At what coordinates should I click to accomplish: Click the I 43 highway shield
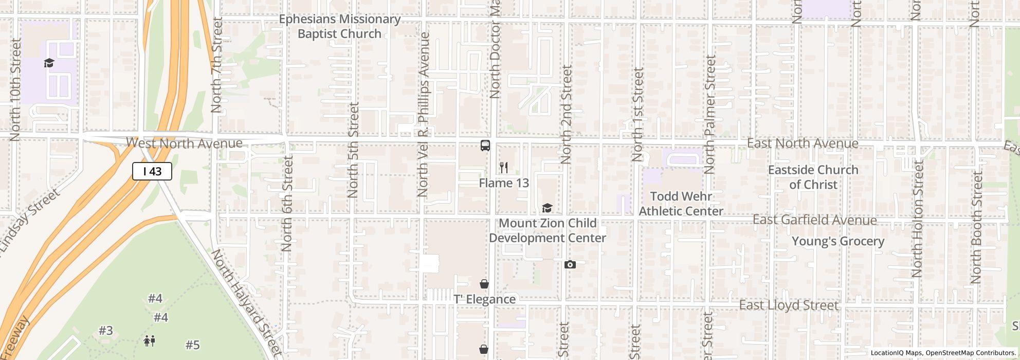[x=152, y=171]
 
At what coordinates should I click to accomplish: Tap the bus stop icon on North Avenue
[x=485, y=146]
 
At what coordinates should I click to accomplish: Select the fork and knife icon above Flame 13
[x=504, y=168]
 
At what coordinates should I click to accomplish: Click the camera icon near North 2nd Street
[x=570, y=264]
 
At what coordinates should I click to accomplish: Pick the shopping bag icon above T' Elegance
[x=484, y=284]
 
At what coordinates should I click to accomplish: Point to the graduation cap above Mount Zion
[x=547, y=208]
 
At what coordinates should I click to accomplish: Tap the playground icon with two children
[x=150, y=340]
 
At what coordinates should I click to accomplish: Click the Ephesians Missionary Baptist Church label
[x=339, y=26]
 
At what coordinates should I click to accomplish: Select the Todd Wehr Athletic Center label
[x=681, y=204]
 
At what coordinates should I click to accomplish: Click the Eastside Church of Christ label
[x=813, y=177]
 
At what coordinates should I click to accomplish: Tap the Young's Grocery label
[x=838, y=241]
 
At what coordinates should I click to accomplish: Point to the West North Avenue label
[x=184, y=143]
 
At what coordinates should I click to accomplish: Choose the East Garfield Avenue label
[x=814, y=220]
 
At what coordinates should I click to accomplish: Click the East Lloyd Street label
[x=789, y=305]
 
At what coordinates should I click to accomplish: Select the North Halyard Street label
[x=247, y=303]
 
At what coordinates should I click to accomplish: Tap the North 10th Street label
[x=15, y=89]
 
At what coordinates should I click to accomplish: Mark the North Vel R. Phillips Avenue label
[x=423, y=115]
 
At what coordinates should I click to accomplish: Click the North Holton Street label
[x=918, y=218]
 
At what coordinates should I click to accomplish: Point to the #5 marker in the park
[x=192, y=345]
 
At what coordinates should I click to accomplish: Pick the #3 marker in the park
[x=105, y=331]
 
